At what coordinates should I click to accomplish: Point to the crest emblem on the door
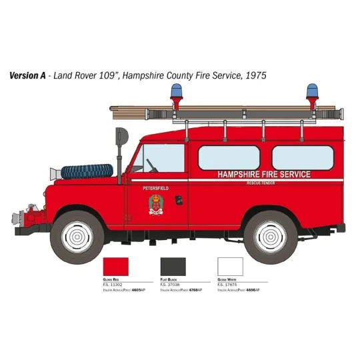[156, 205]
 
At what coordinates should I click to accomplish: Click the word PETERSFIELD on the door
[156, 189]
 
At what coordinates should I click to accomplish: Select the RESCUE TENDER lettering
[261, 183]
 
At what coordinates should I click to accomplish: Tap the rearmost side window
[302, 157]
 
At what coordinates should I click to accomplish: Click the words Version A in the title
[27, 75]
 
